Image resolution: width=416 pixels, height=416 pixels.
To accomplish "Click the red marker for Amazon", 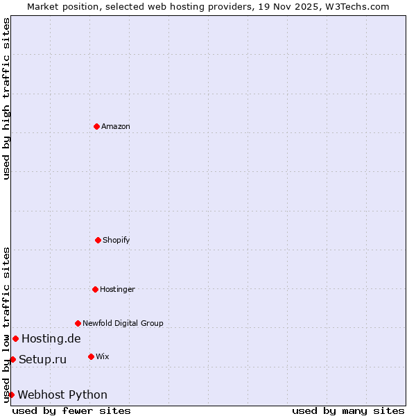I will [96, 126].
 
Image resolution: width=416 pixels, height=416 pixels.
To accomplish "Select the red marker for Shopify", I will [98, 240].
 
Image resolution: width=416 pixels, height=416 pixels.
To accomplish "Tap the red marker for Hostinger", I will [95, 289].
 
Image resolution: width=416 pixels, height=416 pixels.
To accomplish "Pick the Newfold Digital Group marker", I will [78, 323].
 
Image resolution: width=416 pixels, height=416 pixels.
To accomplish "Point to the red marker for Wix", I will [91, 356].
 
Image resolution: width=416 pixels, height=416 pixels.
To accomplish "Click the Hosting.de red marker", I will [15, 338].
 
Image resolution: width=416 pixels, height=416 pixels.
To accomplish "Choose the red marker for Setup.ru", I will [12, 359].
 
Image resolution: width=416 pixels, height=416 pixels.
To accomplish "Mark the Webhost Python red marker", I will [11, 395].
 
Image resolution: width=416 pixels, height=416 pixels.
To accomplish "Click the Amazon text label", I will [116, 126].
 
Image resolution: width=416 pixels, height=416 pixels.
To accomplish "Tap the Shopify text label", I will [116, 240].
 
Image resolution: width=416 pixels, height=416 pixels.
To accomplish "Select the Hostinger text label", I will [117, 289].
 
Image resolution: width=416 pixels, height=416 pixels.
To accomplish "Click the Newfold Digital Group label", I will [123, 323].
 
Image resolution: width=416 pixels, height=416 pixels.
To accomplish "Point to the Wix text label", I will [102, 356].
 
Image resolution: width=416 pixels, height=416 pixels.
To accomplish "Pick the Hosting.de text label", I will [51, 338].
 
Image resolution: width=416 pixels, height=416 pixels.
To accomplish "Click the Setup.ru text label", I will [42, 359].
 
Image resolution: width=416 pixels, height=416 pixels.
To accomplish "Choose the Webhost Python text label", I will [62, 395].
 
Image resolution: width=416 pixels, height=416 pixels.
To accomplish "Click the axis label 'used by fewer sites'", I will [71, 410].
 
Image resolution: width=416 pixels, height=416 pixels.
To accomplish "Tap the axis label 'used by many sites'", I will [348, 410].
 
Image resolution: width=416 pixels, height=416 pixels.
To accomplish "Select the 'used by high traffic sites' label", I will [6, 98].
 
